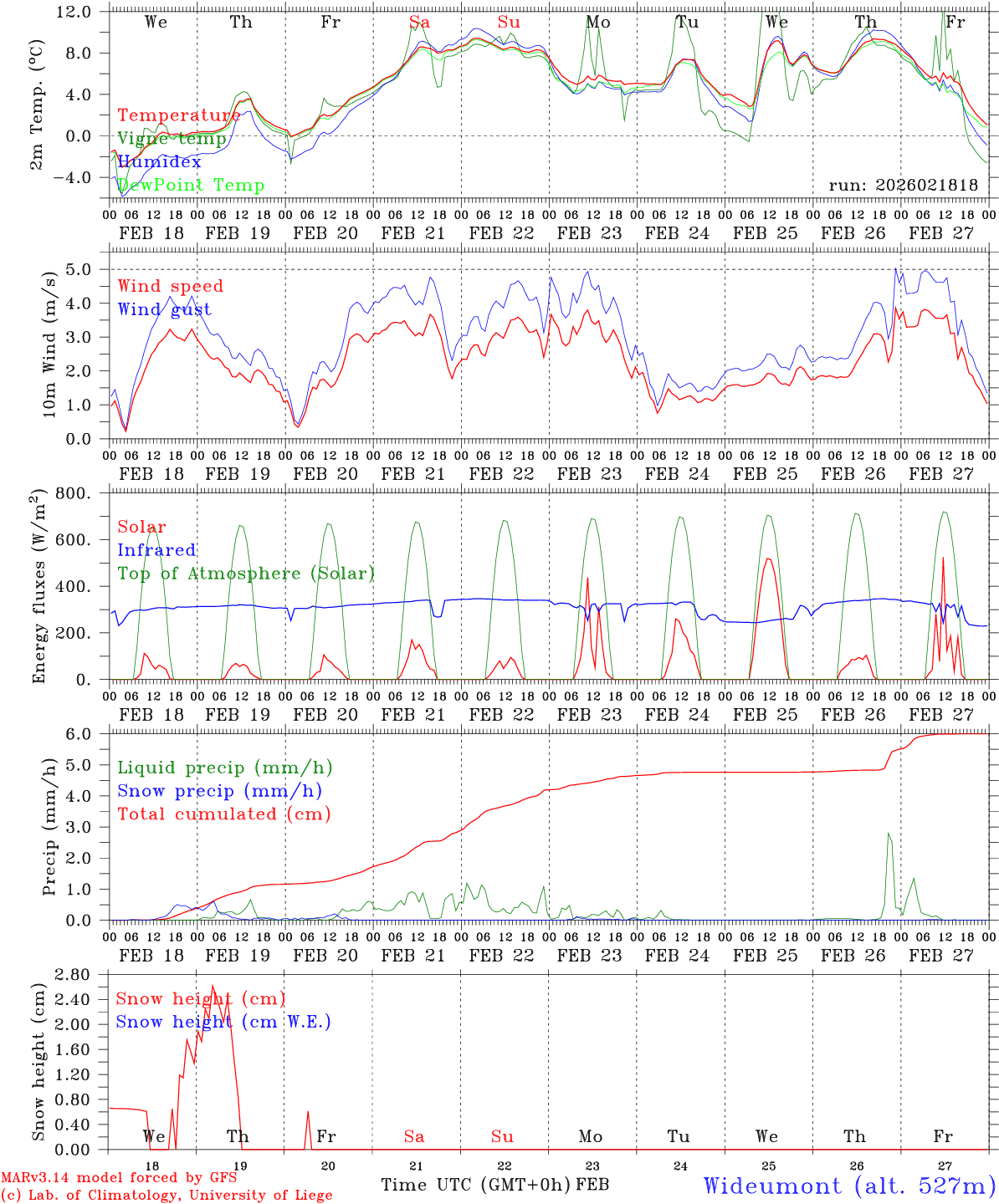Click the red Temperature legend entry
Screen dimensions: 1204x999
coord(178,115)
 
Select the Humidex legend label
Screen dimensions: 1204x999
coord(159,161)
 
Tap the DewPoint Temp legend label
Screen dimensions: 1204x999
coord(191,185)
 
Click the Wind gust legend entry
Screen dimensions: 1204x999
coord(164,309)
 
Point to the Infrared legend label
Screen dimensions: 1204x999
coord(156,550)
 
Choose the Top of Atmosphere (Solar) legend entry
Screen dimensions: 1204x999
coord(246,574)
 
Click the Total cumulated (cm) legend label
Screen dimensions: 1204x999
coord(224,814)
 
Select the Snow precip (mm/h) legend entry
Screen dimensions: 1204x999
coord(219,791)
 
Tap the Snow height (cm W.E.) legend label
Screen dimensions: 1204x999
coord(223,1022)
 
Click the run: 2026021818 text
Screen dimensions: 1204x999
coord(903,185)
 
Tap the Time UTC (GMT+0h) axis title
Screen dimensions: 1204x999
coord(476,1185)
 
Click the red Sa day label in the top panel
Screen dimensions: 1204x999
coord(420,23)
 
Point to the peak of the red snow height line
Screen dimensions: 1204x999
coord(213,986)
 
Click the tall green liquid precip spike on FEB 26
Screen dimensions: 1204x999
coord(889,834)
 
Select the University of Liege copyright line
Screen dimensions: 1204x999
coord(166,1195)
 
